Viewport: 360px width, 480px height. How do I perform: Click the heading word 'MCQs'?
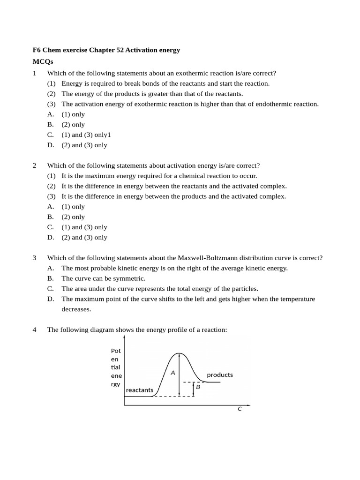point(43,61)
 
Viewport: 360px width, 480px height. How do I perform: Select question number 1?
point(35,73)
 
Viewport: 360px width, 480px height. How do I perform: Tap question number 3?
point(35,258)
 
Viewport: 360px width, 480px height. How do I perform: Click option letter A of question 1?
point(51,114)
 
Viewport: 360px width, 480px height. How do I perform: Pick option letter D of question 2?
point(51,237)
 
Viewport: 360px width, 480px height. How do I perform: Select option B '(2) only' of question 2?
point(73,217)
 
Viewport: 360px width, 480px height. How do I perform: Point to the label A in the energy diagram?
point(172,373)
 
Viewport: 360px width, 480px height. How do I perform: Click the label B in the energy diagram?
point(198,387)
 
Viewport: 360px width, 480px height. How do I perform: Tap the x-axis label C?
point(240,409)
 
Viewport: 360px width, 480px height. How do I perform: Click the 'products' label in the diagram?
point(220,375)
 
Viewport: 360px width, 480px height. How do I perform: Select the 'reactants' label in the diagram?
point(140,390)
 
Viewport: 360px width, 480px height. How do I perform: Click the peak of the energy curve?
point(178,353)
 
